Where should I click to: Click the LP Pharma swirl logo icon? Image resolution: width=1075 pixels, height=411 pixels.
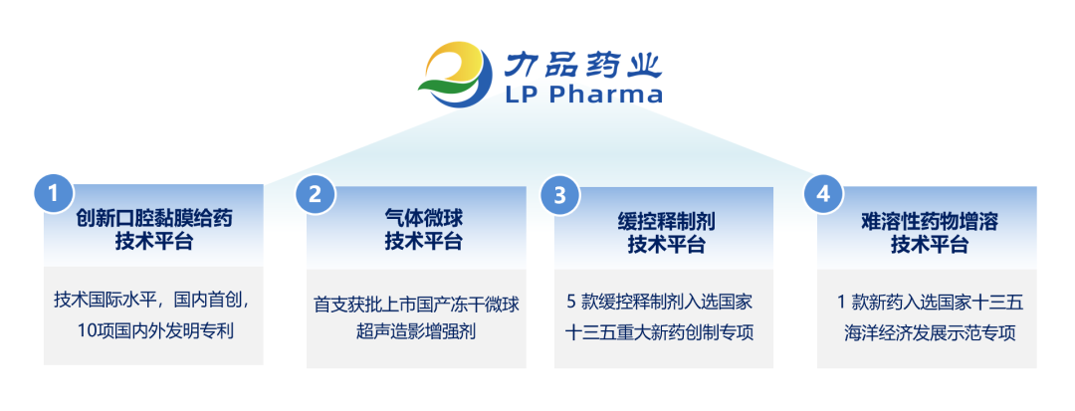click(x=456, y=75)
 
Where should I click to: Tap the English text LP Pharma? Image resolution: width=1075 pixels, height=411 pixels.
click(x=583, y=96)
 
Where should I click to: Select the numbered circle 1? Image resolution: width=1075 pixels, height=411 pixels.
click(x=53, y=193)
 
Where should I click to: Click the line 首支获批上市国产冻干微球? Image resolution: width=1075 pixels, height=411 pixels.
click(x=416, y=304)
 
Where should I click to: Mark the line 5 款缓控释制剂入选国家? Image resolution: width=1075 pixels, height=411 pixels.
click(x=664, y=300)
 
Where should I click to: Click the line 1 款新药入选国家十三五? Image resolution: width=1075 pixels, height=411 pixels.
click(x=927, y=300)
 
